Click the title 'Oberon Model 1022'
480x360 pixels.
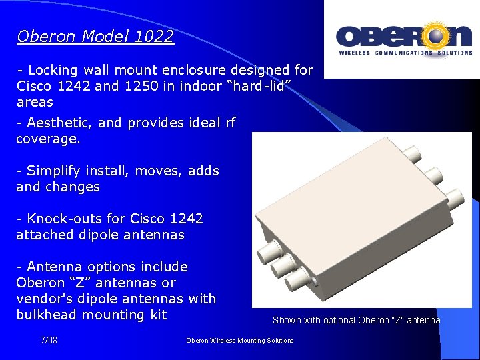click(x=95, y=36)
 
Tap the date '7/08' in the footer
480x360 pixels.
click(x=49, y=340)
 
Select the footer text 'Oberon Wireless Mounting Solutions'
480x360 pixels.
click(x=240, y=340)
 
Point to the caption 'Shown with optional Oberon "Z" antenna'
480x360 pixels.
click(x=356, y=320)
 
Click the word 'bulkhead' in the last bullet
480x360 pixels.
click(x=45, y=315)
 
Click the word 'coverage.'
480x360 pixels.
click(x=48, y=139)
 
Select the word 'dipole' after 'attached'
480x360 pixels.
click(x=101, y=235)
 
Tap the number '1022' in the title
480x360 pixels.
click(x=154, y=36)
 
